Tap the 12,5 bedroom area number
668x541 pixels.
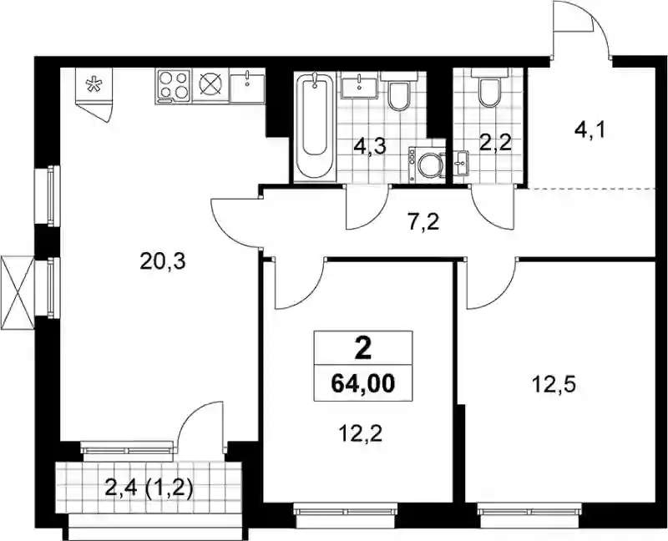point(554,386)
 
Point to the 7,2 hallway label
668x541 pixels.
point(423,223)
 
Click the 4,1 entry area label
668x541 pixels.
point(590,129)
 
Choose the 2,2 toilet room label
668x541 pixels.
point(494,144)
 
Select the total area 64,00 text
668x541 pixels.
point(363,384)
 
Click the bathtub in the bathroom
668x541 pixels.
point(316,126)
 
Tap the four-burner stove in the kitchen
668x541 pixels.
point(174,86)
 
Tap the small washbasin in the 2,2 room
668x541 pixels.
point(461,163)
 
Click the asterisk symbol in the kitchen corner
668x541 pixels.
point(92,85)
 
